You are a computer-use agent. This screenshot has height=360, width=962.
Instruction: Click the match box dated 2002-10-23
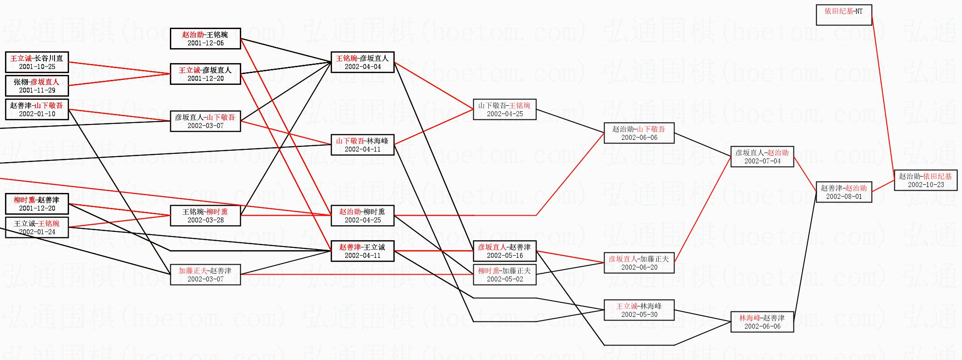[925, 180]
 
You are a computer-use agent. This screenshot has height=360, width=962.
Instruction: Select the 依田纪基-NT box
[843, 15]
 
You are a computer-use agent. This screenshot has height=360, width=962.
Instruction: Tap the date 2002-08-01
[843, 197]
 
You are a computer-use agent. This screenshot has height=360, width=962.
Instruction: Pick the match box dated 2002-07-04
[762, 157]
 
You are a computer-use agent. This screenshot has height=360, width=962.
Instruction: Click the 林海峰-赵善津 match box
[762, 322]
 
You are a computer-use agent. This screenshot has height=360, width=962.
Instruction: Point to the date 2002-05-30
[639, 315]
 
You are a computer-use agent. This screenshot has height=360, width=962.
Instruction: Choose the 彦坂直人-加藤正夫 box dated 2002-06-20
[639, 263]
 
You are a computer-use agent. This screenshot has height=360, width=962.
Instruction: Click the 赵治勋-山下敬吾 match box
[639, 133]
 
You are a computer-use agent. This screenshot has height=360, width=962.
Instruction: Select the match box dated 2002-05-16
[505, 251]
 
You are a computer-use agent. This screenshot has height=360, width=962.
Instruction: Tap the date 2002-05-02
[505, 279]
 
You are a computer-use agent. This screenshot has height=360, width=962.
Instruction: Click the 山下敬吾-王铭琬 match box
[505, 109]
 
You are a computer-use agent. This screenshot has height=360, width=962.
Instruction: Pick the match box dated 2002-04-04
[362, 62]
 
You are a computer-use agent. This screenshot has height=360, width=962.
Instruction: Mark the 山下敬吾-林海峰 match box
[362, 145]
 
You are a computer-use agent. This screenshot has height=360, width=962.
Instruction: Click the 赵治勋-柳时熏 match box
[362, 216]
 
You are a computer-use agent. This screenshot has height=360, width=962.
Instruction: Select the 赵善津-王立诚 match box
[362, 251]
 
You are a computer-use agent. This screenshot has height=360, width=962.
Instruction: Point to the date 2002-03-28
[205, 220]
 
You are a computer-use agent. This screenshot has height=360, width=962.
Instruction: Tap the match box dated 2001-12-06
[205, 39]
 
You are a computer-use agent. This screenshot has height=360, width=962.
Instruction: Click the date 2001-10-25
[37, 67]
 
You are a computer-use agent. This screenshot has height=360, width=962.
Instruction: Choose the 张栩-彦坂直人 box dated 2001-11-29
[37, 86]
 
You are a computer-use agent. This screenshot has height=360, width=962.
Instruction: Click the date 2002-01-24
[37, 232]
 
